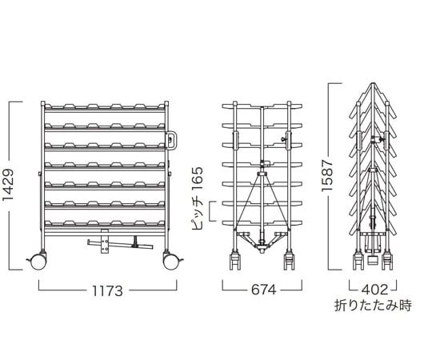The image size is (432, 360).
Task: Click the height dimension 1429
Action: tap(8, 185)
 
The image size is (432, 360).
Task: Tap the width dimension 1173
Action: tap(107, 290)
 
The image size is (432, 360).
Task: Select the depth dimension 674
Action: tap(263, 290)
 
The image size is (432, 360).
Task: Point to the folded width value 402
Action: tap(374, 290)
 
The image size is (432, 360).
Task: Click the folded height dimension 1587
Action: tap(327, 174)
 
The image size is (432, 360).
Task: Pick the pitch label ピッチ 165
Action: tap(198, 198)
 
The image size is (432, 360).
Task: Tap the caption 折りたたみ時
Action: tap(373, 306)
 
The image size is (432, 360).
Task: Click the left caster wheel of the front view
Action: tap(38, 262)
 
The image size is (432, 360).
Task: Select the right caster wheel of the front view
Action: tap(171, 262)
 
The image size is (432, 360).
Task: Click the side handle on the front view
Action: tap(172, 140)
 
